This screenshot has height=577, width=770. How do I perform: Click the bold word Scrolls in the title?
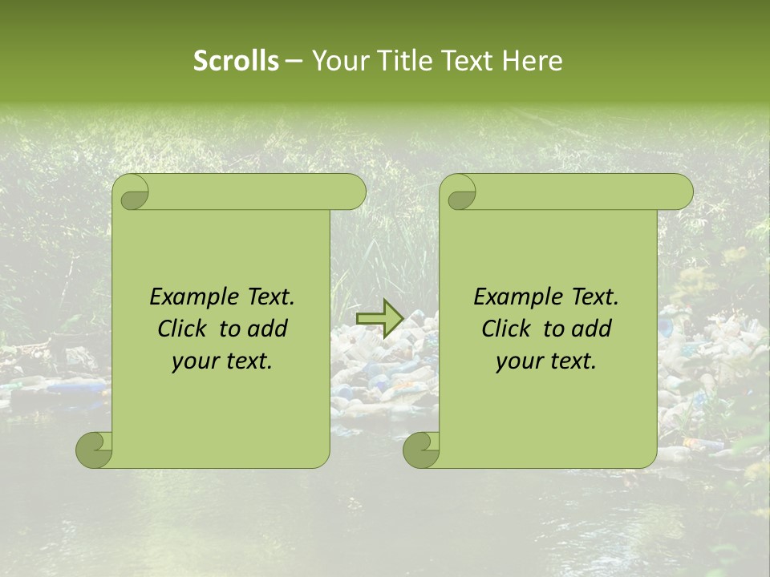pyautogui.click(x=236, y=61)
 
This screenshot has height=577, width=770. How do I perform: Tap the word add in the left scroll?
pyautogui.click(x=268, y=329)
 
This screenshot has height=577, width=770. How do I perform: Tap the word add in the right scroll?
pyautogui.click(x=592, y=329)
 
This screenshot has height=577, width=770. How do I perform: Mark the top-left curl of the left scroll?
pyautogui.click(x=132, y=193)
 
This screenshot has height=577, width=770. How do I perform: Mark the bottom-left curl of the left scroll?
pyautogui.click(x=95, y=450)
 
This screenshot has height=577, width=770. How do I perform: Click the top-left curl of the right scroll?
pyautogui.click(x=460, y=193)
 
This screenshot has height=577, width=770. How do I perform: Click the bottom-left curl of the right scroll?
pyautogui.click(x=422, y=450)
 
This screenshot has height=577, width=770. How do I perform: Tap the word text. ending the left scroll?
pyautogui.click(x=246, y=361)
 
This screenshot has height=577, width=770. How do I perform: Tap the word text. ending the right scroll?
pyautogui.click(x=570, y=361)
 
